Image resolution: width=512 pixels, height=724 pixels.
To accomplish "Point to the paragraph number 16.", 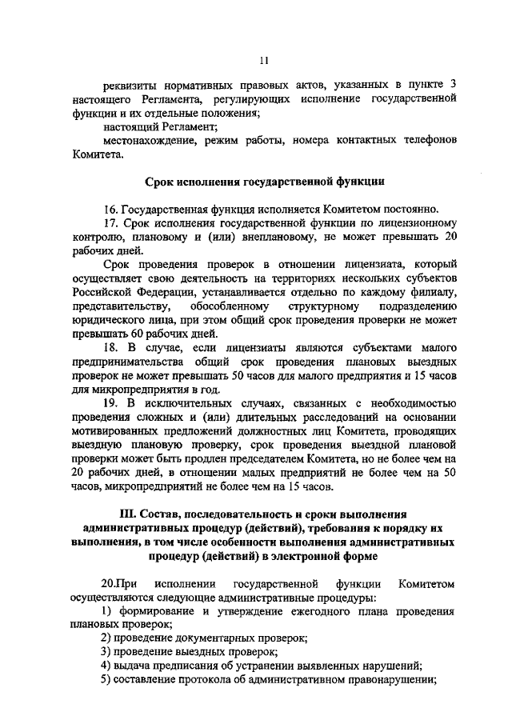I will [x=112, y=210].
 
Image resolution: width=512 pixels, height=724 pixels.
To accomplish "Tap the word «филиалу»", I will [x=434, y=292].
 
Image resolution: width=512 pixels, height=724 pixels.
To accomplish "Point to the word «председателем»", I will [x=279, y=458].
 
